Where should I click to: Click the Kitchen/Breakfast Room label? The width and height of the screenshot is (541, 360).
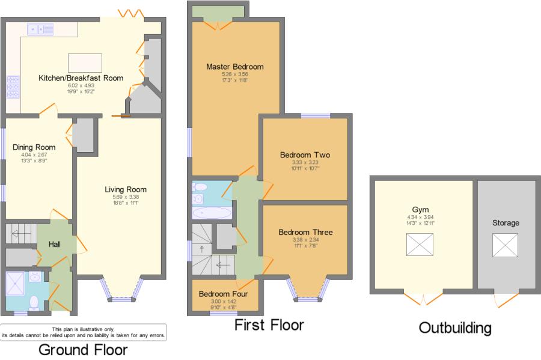(81, 78)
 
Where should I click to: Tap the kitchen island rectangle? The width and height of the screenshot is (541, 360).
(85, 63)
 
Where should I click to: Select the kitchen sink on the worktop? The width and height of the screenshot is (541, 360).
(37, 28)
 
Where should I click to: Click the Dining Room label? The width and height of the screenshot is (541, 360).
(34, 147)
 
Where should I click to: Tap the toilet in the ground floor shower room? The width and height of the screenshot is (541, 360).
(35, 302)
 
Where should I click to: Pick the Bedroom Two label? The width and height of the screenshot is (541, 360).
(305, 154)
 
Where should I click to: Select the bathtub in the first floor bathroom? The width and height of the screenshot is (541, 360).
(212, 212)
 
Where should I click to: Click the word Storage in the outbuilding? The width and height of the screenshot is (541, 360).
(506, 223)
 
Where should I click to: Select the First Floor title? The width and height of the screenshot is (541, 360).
(269, 325)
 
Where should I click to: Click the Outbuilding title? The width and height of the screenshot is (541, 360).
(454, 328)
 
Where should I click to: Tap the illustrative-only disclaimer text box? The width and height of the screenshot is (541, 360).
(84, 332)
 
